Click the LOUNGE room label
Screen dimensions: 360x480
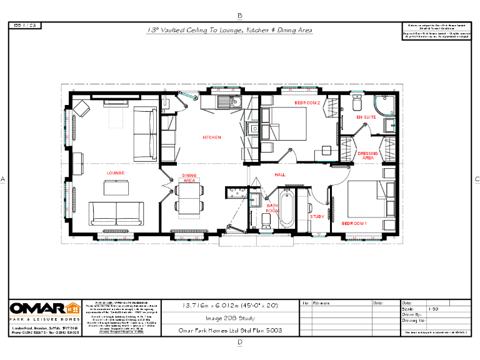pyautogui.click(x=115, y=172)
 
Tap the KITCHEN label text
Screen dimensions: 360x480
pyautogui.click(x=211, y=137)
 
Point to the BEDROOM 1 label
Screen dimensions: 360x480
pyautogui.click(x=354, y=222)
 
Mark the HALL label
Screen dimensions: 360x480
pyautogui.click(x=280, y=175)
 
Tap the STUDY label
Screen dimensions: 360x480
pyautogui.click(x=317, y=217)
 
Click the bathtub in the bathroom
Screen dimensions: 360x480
pyautogui.click(x=287, y=210)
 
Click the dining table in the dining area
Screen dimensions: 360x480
pyautogui.click(x=189, y=199)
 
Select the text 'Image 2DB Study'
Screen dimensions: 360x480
pyautogui.click(x=229, y=317)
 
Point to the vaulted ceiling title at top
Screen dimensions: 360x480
pyautogui.click(x=229, y=30)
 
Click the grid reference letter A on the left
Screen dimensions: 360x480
pyautogui.click(x=3, y=179)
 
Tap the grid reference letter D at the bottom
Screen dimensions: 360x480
pyautogui.click(x=240, y=342)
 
